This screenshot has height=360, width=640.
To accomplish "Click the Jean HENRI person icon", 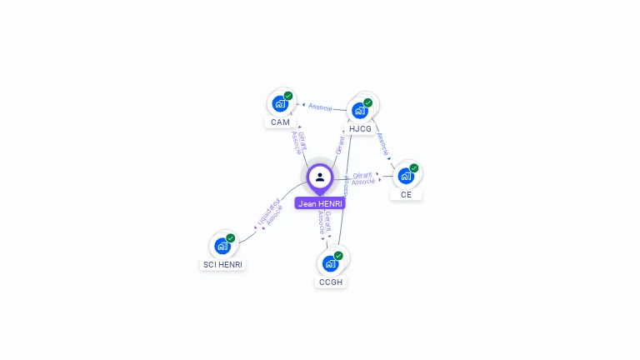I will pos(320,177).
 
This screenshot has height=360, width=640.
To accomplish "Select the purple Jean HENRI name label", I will pos(320,203).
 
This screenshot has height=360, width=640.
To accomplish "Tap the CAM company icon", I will pos(280,105).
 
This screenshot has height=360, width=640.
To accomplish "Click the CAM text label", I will pos(280,122).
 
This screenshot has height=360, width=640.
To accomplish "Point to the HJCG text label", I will pos(361,129).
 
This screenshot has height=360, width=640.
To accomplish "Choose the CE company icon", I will pos(406,176).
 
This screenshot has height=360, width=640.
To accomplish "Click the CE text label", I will pos(406,195).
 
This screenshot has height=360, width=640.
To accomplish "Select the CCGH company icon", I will pos(330,263).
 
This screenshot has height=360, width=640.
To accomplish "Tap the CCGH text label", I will pos(331,282).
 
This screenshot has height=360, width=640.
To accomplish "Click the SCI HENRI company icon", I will pos(222,246).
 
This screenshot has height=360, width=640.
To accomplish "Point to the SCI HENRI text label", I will pos(223,265).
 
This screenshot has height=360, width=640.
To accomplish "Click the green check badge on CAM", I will pos(288,96).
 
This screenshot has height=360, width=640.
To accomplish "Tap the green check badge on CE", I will pos(414,167).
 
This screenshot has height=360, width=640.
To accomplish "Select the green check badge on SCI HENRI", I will pos(231,237).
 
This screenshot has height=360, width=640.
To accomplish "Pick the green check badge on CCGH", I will pos(338,255).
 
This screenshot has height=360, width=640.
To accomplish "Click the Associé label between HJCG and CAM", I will pos(320,107).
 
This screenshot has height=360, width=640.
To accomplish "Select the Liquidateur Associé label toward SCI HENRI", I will pos(270,213).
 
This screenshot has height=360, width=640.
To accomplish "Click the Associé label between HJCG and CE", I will pos(382,143).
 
